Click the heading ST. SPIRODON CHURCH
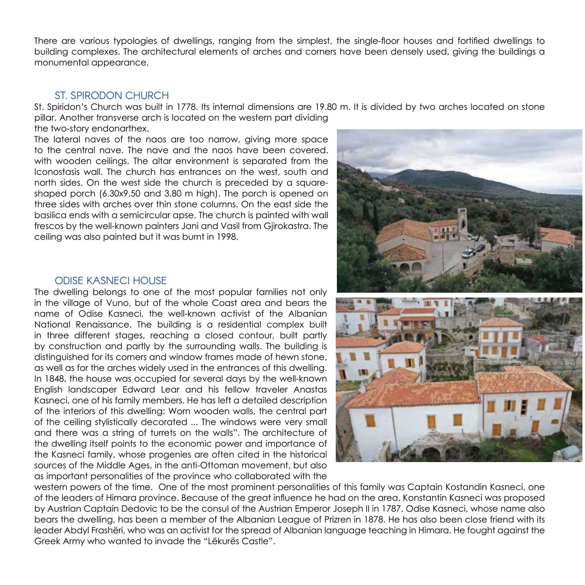[111, 95]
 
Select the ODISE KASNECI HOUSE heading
[110, 280]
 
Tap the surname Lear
[169, 390]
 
